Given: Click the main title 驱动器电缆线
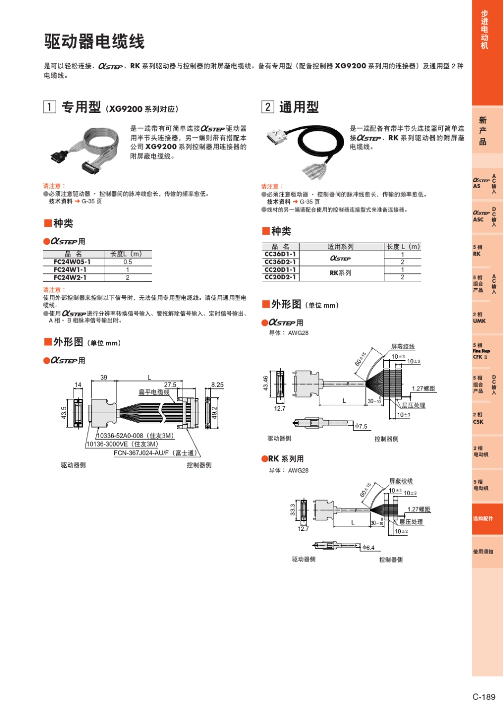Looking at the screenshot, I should click(x=94, y=41).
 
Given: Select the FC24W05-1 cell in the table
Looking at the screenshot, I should click(x=72, y=262).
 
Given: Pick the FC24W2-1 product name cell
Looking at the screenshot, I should click(x=70, y=277).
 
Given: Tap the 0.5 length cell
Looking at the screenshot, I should click(x=128, y=262).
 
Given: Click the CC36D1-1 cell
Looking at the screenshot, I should click(x=280, y=254).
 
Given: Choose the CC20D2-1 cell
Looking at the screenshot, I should click(x=280, y=277).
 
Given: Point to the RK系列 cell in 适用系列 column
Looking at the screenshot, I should click(x=340, y=273).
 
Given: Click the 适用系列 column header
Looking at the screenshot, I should click(x=340, y=246).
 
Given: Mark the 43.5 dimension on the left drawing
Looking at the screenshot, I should click(x=64, y=413).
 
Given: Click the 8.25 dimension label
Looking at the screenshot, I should click(x=217, y=385).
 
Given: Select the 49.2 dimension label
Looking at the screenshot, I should click(x=214, y=412).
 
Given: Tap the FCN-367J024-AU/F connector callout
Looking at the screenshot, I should click(x=155, y=453).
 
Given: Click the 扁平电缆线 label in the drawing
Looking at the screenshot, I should click(x=154, y=392).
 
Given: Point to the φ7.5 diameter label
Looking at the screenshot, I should click(x=361, y=426).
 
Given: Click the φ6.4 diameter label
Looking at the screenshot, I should click(x=369, y=548).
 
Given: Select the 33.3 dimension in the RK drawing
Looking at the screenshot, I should click(x=292, y=510).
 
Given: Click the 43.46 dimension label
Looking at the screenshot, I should click(x=266, y=384).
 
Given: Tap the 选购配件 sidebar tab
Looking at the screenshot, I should click(x=483, y=519).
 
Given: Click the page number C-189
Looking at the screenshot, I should click(x=483, y=697).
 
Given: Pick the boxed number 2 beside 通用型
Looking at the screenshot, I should click(x=267, y=107).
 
